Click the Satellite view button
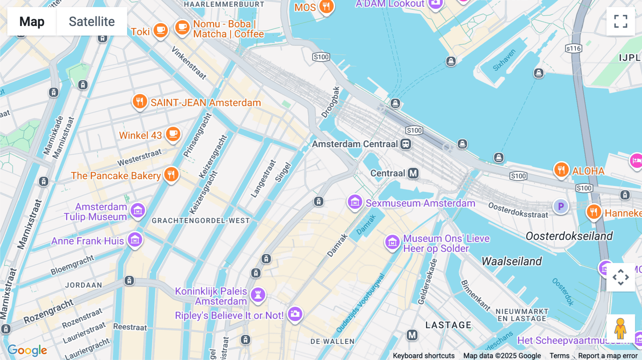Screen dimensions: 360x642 tap(92, 21)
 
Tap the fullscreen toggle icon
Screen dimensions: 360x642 tap(621, 21)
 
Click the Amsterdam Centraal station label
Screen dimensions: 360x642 tap(355, 144)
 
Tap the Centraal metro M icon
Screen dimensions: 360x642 tap(413, 173)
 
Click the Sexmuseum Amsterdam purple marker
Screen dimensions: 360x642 tap(355, 202)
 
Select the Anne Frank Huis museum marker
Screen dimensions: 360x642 tap(135, 240)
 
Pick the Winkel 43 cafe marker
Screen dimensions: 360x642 tap(173, 134)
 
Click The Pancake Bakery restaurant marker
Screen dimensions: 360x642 tap(171, 174)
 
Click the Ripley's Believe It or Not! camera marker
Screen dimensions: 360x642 tap(295, 314)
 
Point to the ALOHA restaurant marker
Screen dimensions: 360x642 tap(561, 170)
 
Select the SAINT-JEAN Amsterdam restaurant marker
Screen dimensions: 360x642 tap(140, 102)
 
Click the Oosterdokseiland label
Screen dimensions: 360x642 tap(569, 236)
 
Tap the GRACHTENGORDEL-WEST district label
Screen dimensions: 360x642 tap(201, 221)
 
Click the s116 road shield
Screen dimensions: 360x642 tap(574, 48)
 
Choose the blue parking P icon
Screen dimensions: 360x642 tap(561, 206)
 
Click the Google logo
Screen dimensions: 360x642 tap(27, 350)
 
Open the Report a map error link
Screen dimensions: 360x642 tap(608, 356)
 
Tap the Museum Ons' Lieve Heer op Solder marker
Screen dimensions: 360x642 tap(392, 242)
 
